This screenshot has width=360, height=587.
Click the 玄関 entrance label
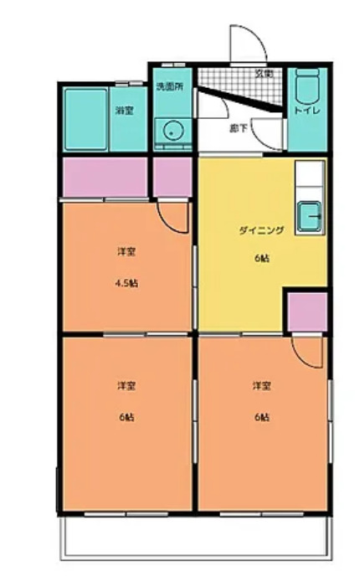264,73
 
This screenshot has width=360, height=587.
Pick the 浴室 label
125,111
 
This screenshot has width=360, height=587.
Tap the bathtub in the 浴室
85,117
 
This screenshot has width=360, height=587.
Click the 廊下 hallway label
239,128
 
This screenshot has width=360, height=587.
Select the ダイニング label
262,231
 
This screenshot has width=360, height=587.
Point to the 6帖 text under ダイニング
262,256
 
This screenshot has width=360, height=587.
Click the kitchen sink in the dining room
310,217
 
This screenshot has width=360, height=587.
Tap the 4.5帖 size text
127,282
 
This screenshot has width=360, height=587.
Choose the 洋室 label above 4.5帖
126,251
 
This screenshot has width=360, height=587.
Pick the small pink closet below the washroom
172,176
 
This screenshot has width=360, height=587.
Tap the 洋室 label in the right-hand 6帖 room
262,386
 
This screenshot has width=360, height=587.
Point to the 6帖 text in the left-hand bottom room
126,416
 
